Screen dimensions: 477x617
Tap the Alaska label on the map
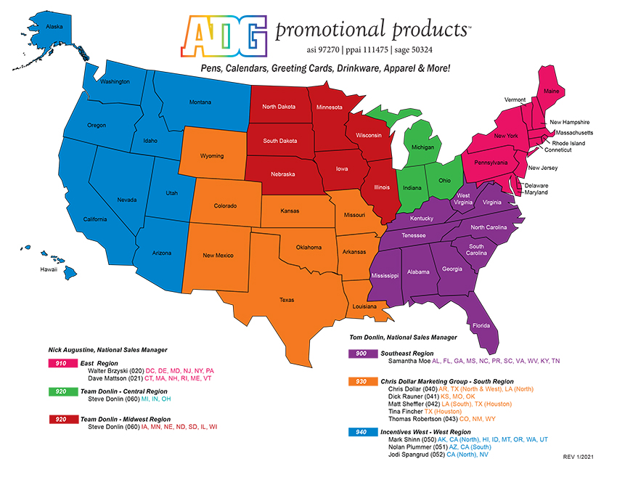click(x=54, y=27)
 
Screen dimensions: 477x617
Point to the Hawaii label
click(x=49, y=269)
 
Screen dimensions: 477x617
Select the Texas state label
click(x=287, y=299)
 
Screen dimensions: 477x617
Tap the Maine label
click(x=552, y=91)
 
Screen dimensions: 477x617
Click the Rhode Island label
click(x=568, y=143)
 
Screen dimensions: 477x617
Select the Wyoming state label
click(x=213, y=156)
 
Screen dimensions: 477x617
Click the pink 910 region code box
click(x=62, y=363)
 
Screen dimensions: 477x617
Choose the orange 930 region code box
click(x=361, y=381)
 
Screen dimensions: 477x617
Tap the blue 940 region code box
click(x=361, y=431)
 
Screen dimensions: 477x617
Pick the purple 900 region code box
click(x=361, y=353)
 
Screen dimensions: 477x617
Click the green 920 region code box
click(x=62, y=391)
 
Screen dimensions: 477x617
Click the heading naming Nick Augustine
click(x=107, y=350)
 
